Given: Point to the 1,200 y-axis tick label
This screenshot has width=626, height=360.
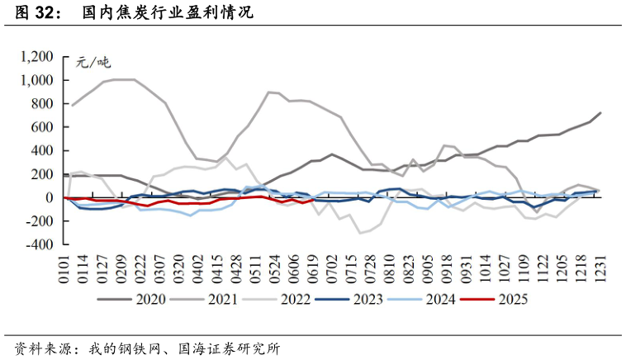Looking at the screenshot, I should (37, 57).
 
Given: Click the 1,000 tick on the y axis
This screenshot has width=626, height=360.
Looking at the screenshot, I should (37, 81).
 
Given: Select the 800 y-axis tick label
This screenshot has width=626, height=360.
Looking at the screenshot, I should (42, 104).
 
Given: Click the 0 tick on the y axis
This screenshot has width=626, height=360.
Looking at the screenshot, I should (50, 198).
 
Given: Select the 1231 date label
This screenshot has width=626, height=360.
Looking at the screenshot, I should (600, 266).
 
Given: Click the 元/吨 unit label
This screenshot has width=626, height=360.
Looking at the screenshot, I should (92, 62).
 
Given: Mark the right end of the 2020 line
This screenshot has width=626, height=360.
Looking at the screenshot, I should (600, 112).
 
